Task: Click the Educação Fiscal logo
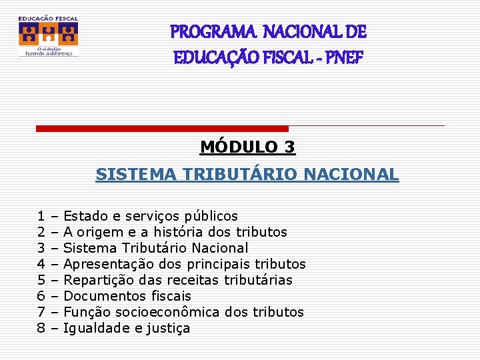click(x=48, y=36)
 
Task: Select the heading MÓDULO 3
click(x=247, y=147)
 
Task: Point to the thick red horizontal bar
click(x=162, y=128)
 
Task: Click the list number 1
click(x=41, y=216)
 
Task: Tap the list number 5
click(x=41, y=280)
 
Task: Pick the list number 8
click(x=41, y=328)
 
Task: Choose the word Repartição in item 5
click(x=97, y=280)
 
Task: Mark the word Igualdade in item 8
click(x=93, y=328)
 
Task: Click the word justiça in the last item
click(x=169, y=328)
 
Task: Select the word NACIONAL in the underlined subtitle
click(x=351, y=175)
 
